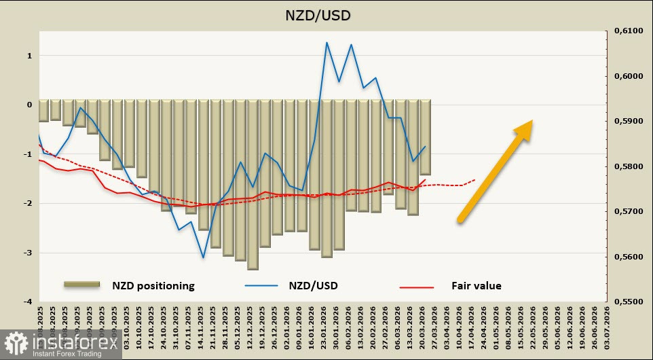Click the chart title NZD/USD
pos(326,15)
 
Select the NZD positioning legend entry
pos(153,286)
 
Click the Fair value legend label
pos(477,286)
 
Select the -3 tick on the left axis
pos(29,253)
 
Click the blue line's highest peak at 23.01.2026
pos(326,43)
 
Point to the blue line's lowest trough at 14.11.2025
pos(203,257)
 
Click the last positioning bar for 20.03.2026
pos(425,138)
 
